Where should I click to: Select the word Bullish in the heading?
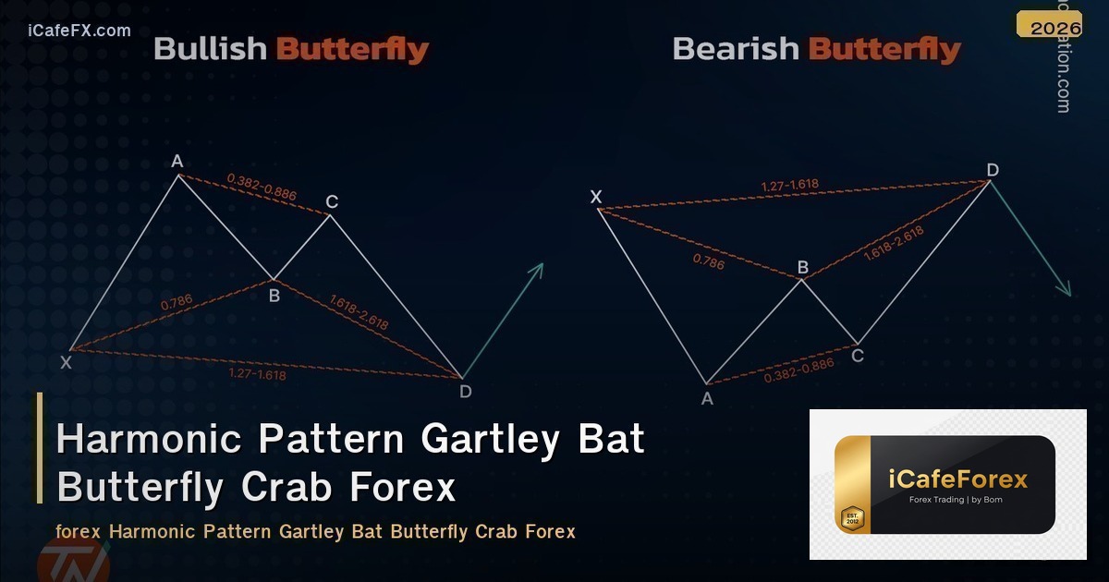[212, 49]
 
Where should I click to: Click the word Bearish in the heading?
[737, 49]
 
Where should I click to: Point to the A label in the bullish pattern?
[177, 163]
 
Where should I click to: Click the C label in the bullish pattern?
[333, 202]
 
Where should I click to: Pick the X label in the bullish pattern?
[66, 363]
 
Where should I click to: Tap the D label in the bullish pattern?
[465, 392]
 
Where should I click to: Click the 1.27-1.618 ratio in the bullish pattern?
[257, 374]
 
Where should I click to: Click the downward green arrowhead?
[1066, 290]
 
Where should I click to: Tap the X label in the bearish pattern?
[596, 196]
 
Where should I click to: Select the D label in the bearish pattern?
[993, 170]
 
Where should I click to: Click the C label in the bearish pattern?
[858, 355]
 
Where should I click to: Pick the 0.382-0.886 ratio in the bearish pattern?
[798, 370]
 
